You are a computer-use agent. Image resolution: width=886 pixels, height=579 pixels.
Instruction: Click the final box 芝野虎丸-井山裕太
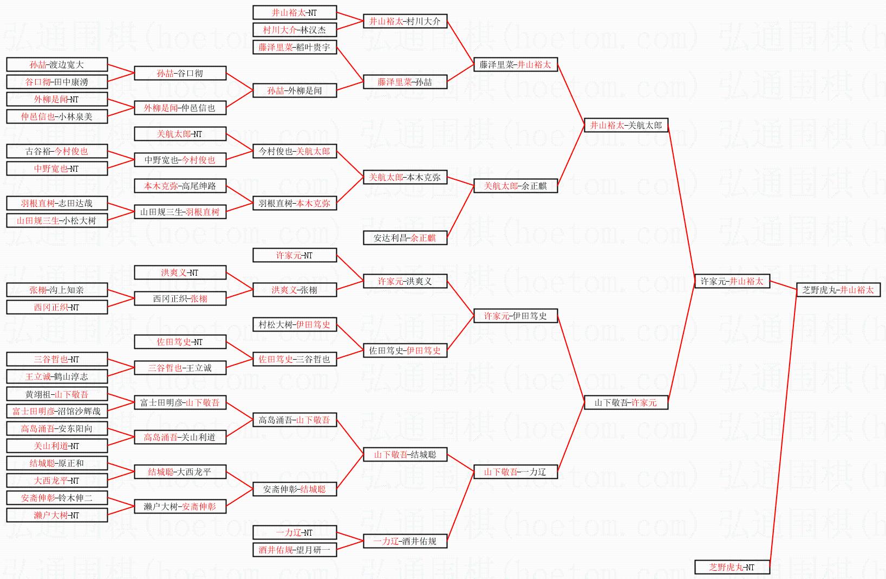(838, 290)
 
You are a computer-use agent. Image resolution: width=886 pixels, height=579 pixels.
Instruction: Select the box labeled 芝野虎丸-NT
(732, 567)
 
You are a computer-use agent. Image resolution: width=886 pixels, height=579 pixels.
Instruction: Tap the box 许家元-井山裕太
(732, 281)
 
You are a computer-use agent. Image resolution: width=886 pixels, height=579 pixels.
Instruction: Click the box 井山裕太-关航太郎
(626, 125)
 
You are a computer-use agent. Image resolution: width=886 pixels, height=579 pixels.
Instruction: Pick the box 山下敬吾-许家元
(626, 402)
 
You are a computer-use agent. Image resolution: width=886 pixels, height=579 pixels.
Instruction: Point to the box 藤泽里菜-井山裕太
(515, 64)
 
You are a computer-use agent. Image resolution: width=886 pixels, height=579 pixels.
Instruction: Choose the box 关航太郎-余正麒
(515, 186)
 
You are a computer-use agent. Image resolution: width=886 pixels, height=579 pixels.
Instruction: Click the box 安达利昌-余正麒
(405, 238)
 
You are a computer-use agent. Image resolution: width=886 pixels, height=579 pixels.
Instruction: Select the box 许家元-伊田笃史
(515, 316)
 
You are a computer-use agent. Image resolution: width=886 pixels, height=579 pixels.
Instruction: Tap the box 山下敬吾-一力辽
(515, 472)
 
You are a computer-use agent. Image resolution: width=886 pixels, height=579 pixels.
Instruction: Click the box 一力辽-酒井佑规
(405, 541)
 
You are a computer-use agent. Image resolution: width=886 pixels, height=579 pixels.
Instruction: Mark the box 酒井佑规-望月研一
(295, 550)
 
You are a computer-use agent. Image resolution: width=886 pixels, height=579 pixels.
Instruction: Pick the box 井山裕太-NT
(295, 12)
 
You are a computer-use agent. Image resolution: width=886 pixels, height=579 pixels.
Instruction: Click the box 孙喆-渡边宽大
(57, 64)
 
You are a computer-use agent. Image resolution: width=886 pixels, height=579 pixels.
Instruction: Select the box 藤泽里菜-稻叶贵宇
(295, 47)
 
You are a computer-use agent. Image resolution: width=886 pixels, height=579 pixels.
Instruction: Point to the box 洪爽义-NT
(180, 272)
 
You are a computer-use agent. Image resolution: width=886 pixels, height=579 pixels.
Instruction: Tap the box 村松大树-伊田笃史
(295, 324)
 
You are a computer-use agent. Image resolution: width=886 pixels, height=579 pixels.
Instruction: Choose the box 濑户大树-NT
(57, 515)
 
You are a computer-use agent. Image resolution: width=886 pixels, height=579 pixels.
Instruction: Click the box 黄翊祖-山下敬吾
(57, 394)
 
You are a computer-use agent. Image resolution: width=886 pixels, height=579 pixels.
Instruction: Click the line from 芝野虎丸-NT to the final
(783, 428)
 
